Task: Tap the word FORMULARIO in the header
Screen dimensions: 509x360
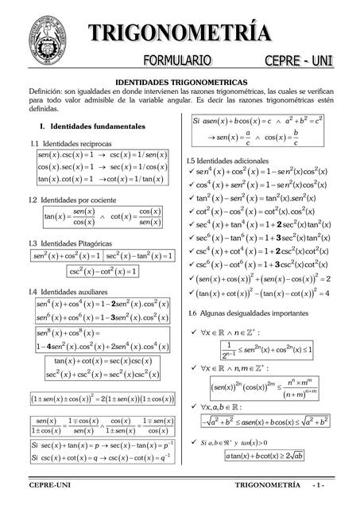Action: click(x=177, y=60)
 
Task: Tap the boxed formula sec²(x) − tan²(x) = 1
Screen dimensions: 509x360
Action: click(x=139, y=256)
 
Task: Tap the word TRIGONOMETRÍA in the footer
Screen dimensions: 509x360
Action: click(x=267, y=484)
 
